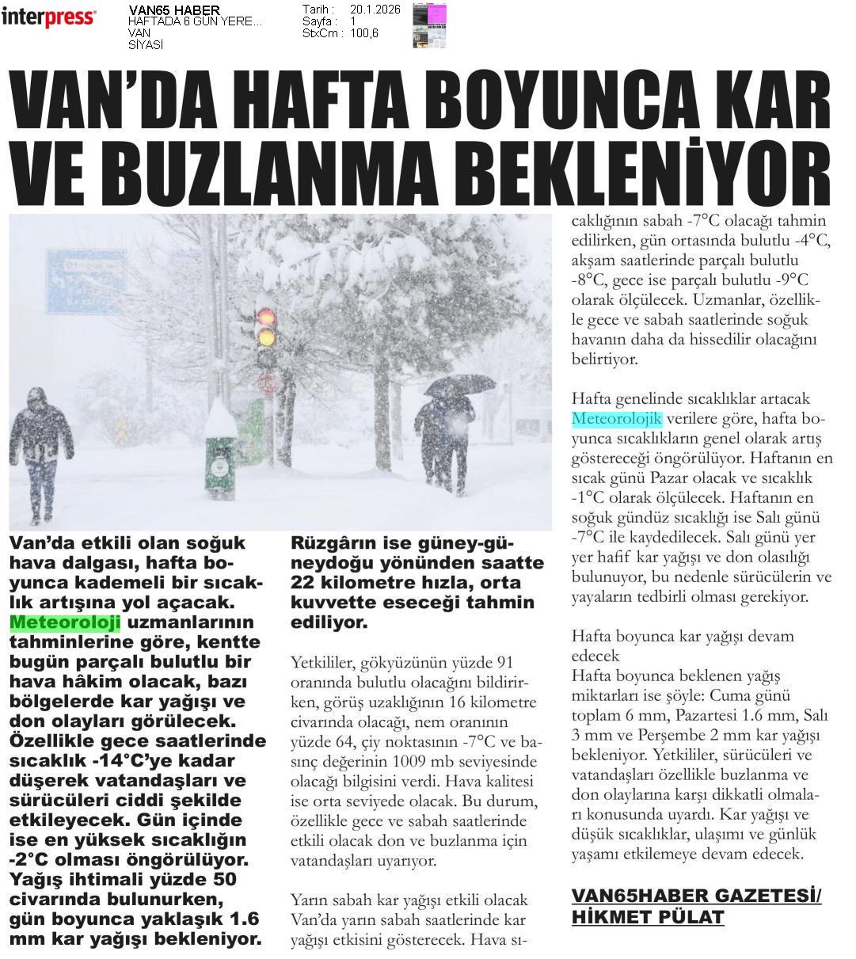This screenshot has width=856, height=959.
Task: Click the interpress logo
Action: [48, 17]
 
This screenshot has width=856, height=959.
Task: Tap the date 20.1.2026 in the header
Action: [375, 10]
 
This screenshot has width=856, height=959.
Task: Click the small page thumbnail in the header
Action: [429, 25]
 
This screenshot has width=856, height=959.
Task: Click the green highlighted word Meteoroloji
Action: [65, 622]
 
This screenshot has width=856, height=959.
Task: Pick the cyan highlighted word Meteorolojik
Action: [616, 419]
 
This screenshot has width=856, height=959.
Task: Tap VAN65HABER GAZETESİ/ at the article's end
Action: [696, 896]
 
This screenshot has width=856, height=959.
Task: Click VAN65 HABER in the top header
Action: [174, 10]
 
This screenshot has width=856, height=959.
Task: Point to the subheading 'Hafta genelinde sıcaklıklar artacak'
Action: [691, 399]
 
